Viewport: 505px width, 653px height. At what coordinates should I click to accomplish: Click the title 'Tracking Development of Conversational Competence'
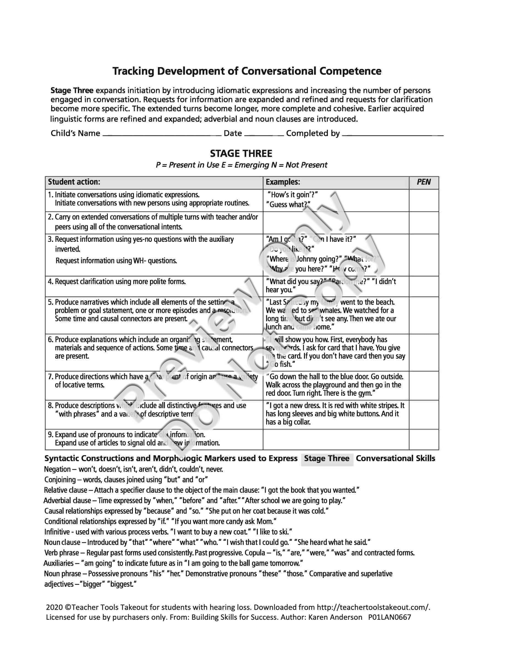click(247, 71)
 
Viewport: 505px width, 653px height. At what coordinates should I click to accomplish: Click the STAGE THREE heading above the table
click(241, 154)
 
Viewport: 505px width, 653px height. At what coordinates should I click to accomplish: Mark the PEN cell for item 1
click(424, 200)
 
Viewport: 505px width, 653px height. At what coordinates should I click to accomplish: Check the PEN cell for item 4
click(424, 286)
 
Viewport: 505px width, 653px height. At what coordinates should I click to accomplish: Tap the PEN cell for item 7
click(424, 385)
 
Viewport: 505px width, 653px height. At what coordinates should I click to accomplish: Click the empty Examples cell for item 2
click(336, 223)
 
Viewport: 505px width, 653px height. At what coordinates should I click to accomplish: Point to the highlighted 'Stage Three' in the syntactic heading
click(327, 458)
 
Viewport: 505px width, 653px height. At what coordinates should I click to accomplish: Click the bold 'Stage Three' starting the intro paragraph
click(72, 91)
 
